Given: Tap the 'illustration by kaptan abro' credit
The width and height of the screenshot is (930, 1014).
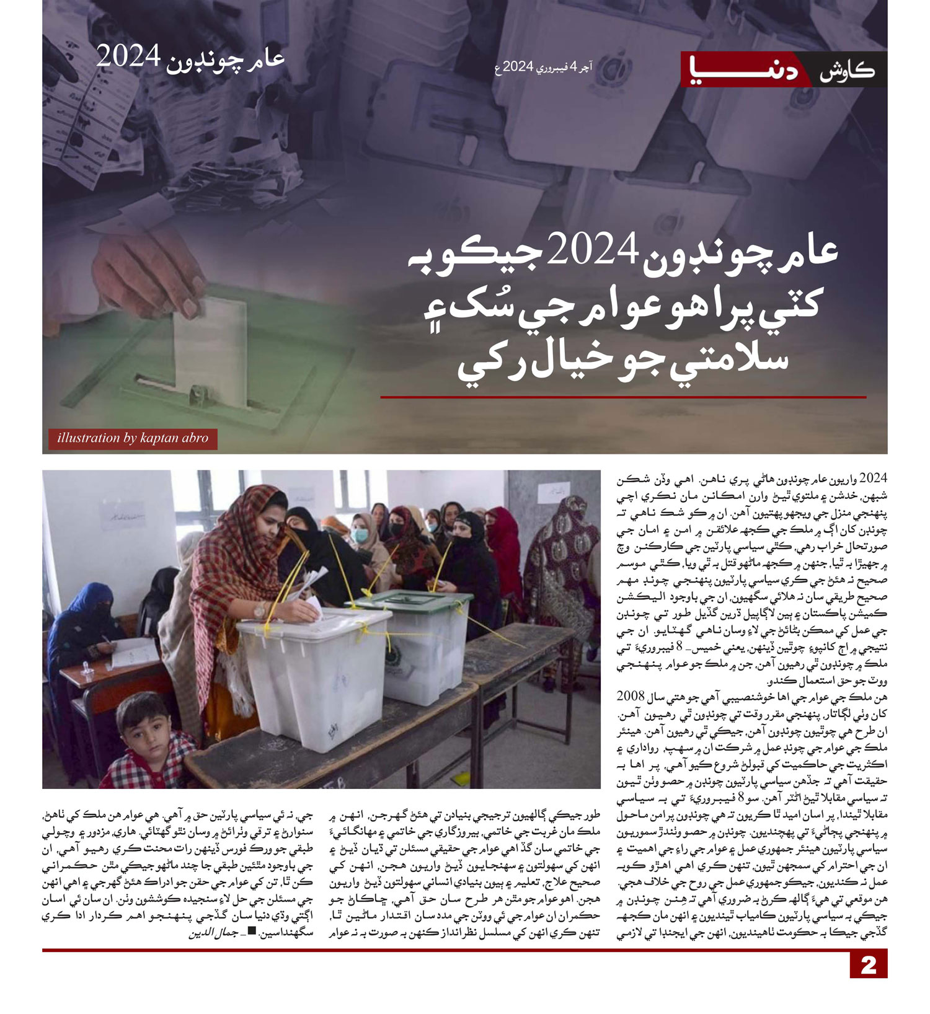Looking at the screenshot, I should [133, 438].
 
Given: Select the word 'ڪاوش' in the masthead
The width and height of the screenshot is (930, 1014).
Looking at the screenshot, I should [847, 70].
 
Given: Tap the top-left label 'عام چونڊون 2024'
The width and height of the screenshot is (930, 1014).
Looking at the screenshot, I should [190, 58].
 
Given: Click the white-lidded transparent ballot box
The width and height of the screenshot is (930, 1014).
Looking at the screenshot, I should [316, 676].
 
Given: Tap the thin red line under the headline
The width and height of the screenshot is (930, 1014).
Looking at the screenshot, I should [623, 397].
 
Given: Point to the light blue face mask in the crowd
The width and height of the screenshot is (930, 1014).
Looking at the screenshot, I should [360, 535].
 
